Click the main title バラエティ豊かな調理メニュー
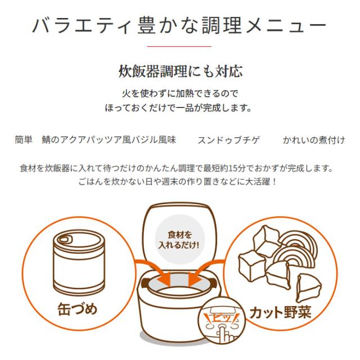tap(179, 25)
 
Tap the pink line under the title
tap(179, 46)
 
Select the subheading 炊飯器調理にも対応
tap(181, 71)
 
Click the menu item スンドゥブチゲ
tap(229, 140)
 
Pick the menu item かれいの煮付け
tap(314, 140)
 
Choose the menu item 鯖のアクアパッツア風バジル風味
tap(109, 140)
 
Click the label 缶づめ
tap(78, 309)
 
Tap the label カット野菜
tap(280, 312)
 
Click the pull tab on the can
tap(64, 239)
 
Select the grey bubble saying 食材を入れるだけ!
tap(179, 240)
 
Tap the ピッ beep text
tap(221, 318)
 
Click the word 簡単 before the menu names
tap(24, 140)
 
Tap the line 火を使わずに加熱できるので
tap(180, 93)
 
